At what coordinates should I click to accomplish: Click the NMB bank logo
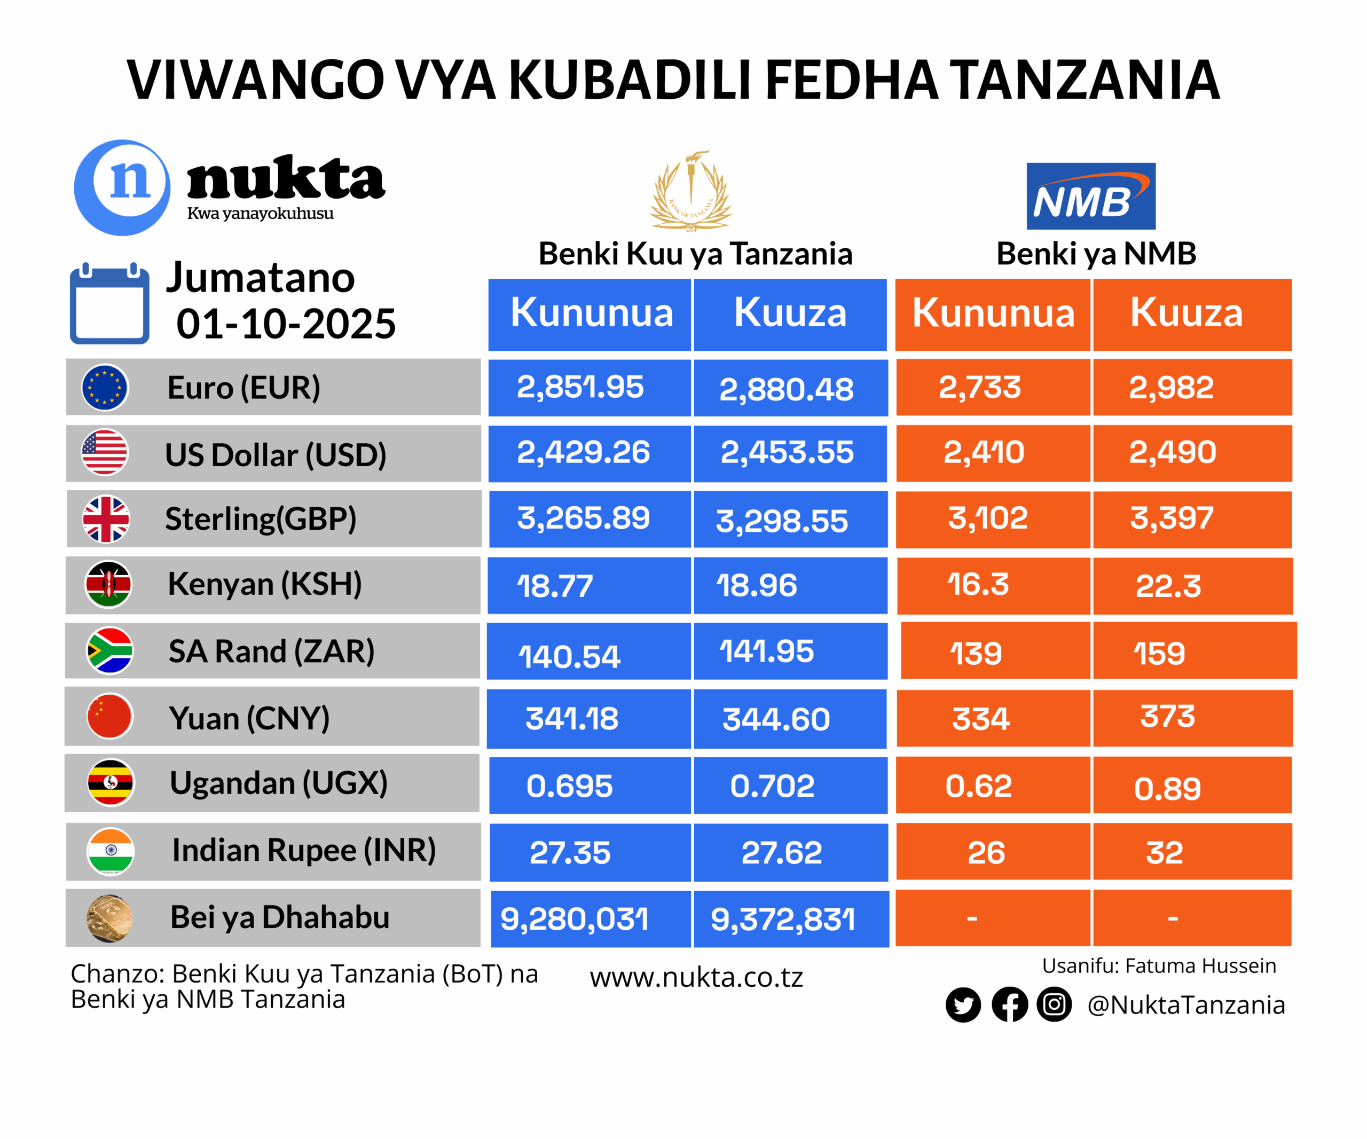click(1090, 196)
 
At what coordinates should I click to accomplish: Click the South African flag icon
click(110, 650)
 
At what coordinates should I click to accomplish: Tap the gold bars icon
click(109, 918)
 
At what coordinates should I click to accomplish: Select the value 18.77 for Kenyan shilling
click(555, 586)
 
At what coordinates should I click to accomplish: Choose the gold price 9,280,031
click(574, 919)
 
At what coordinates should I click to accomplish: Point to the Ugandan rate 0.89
click(1167, 788)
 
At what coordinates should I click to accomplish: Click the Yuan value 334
click(980, 719)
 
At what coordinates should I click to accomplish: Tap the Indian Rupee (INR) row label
click(303, 850)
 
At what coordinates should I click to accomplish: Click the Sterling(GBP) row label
click(261, 519)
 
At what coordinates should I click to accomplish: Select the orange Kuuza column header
click(1186, 313)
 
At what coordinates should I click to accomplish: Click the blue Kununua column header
click(591, 313)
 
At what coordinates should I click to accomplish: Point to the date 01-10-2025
click(286, 324)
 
